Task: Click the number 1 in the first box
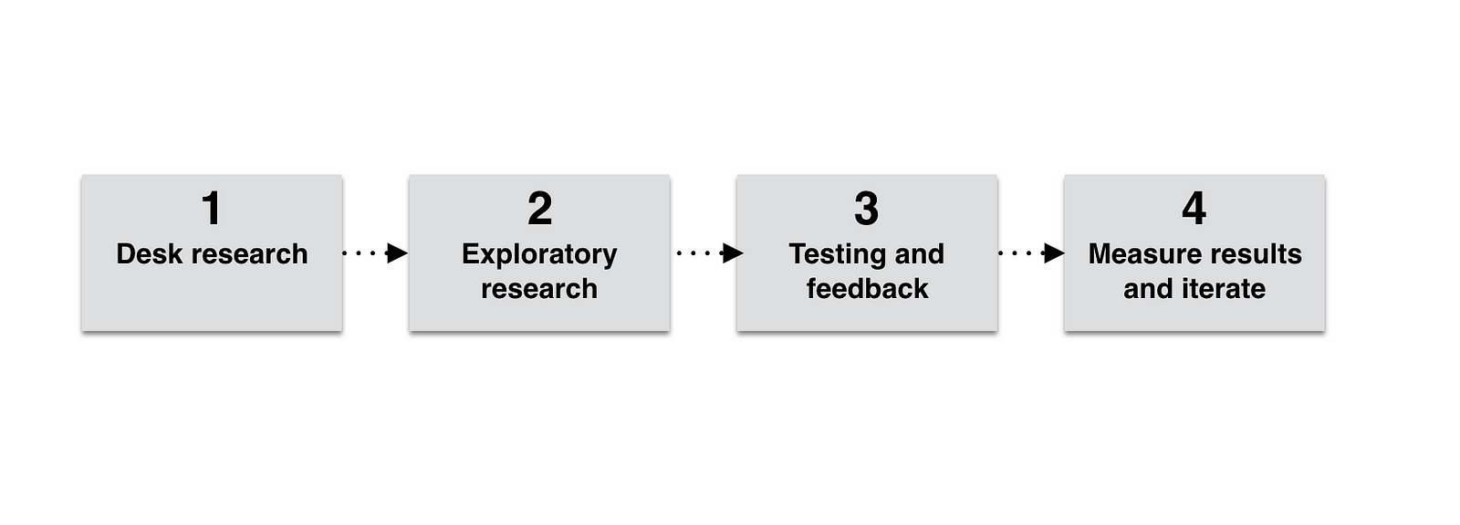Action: coord(211,209)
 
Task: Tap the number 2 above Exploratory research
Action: coord(539,209)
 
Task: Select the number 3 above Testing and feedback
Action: coord(867,209)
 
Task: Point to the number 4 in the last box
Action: coord(1194,209)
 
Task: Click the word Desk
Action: coord(149,254)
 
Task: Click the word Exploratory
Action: coord(539,254)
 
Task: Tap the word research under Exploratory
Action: coord(539,289)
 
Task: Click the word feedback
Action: coord(868,289)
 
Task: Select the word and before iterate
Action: coord(1149,289)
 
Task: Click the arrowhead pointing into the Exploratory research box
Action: coord(397,252)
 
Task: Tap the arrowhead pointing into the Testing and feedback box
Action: coord(733,252)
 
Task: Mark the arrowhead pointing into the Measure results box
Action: coord(1054,252)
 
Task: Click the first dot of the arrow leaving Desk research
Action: coord(344,252)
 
